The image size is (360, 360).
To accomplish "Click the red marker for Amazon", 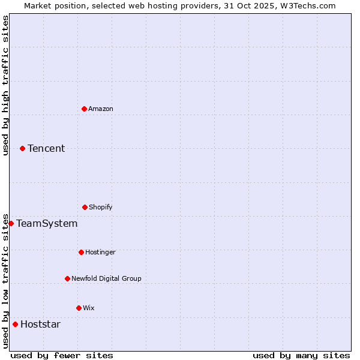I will (84, 109).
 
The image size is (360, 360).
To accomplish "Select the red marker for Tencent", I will (22, 148).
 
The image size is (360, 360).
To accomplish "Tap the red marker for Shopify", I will (85, 207).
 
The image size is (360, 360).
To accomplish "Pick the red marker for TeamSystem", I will (11, 223).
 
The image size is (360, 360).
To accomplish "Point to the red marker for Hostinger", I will (81, 252).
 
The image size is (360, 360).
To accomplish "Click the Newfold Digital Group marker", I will (67, 278).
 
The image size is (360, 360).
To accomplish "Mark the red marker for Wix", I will (79, 308).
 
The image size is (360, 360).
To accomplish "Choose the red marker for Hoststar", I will (15, 324).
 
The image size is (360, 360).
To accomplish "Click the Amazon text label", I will (101, 109).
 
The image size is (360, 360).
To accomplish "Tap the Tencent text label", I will (46, 148).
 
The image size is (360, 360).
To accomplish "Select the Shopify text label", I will (101, 207).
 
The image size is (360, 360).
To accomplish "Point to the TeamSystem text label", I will (47, 223).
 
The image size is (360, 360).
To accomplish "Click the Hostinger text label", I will (100, 252).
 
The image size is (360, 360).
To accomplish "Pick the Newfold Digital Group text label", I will (106, 278).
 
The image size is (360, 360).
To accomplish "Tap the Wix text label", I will (89, 308).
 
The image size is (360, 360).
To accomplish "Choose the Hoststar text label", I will (40, 324).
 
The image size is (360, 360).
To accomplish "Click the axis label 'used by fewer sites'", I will (62, 355).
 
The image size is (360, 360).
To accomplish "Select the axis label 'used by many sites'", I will (301, 355).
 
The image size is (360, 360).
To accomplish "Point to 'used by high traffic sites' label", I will (5, 85).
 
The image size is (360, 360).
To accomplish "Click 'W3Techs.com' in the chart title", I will (305, 5).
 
